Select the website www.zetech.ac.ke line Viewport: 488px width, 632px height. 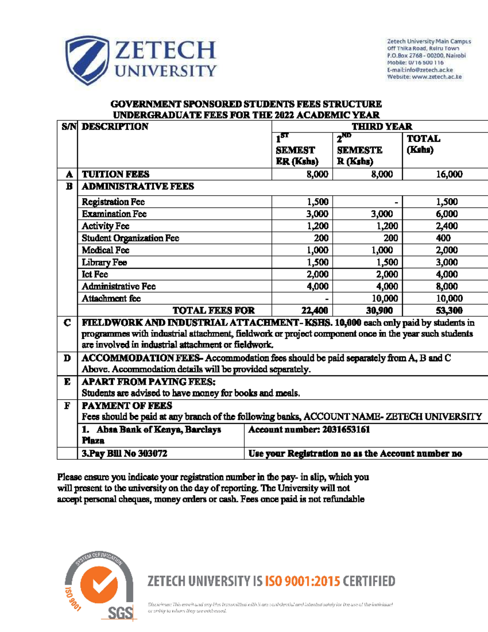pyautogui.click(x=424, y=77)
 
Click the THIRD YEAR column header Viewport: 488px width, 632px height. pyautogui.click(x=381, y=127)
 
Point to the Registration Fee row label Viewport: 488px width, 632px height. pyautogui.click(x=113, y=202)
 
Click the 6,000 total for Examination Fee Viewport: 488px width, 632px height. pyautogui.click(x=447, y=214)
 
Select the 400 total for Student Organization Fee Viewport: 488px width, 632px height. pyautogui.click(x=443, y=238)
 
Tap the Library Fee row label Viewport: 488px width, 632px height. pyautogui.click(x=104, y=262)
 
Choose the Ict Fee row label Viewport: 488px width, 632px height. pyautogui.click(x=95, y=274)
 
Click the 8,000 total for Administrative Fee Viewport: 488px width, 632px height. pyautogui.click(x=447, y=286)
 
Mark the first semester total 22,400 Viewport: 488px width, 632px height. pyautogui.click(x=314, y=311)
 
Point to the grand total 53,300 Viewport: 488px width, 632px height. pyautogui.click(x=449, y=311)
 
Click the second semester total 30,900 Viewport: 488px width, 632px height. pyautogui.click(x=379, y=311)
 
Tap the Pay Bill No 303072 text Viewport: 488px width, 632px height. pyautogui.click(x=124, y=453)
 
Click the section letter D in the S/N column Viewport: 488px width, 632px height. pyautogui.click(x=67, y=359)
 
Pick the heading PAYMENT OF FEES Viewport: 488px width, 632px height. pyautogui.click(x=127, y=406)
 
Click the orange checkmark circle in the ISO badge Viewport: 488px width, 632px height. pyautogui.click(x=99, y=584)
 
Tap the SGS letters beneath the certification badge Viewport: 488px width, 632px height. pyautogui.click(x=120, y=613)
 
